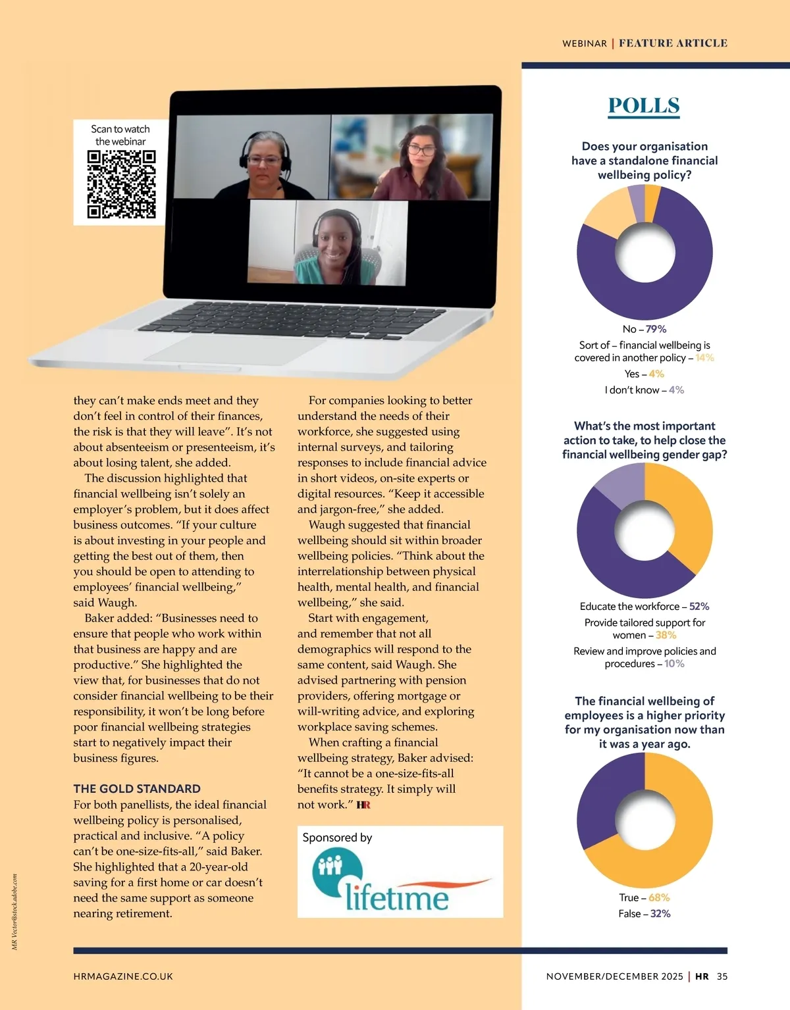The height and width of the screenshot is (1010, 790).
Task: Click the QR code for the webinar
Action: [121, 184]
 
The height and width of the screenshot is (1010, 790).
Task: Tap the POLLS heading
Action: [644, 105]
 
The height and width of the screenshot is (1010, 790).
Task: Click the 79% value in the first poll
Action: [656, 329]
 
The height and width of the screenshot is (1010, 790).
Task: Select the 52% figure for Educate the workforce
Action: [699, 607]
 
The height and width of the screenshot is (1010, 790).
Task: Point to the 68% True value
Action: [659, 897]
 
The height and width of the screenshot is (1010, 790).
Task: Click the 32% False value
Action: [661, 913]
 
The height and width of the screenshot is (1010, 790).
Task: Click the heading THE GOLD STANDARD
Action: [137, 788]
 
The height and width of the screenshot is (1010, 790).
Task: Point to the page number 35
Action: [722, 976]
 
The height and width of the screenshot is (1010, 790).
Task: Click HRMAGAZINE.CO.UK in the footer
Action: [123, 976]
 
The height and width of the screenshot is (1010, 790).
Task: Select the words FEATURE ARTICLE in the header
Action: [673, 43]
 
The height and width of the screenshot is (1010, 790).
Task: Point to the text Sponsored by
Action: [337, 838]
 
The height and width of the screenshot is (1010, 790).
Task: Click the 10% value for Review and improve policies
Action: [674, 663]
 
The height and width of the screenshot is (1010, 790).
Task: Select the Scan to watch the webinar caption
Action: [120, 135]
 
